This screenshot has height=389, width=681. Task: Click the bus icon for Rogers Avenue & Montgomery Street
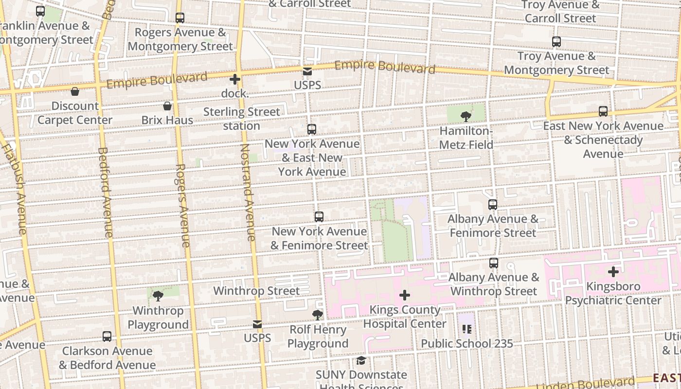pyautogui.click(x=180, y=18)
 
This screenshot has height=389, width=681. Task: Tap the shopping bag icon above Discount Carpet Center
pyautogui.click(x=75, y=91)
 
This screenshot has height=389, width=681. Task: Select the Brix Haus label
pyautogui.click(x=167, y=120)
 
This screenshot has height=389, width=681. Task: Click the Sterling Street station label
pyautogui.click(x=242, y=119)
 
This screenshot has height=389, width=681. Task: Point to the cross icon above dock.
pyautogui.click(x=235, y=79)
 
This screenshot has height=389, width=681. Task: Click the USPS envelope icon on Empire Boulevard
pyautogui.click(x=307, y=71)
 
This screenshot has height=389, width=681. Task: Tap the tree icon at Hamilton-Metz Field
pyautogui.click(x=466, y=116)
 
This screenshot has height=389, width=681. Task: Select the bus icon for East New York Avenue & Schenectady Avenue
pyautogui.click(x=603, y=111)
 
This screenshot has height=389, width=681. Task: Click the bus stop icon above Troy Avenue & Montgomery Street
pyautogui.click(x=556, y=42)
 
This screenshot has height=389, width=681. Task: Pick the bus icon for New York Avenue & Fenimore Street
pyautogui.click(x=319, y=217)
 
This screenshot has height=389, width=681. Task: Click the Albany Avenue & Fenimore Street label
pyautogui.click(x=493, y=226)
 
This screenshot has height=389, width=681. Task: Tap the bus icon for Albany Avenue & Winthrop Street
pyautogui.click(x=494, y=263)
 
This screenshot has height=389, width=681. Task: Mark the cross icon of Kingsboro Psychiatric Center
pyautogui.click(x=613, y=271)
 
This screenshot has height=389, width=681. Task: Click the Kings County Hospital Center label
pyautogui.click(x=405, y=317)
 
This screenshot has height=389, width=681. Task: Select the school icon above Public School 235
pyautogui.click(x=467, y=329)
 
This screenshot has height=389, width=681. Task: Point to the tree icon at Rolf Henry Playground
pyautogui.click(x=318, y=315)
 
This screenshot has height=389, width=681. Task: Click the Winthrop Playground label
pyautogui.click(x=158, y=318)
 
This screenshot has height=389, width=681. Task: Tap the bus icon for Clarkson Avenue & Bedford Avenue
pyautogui.click(x=107, y=336)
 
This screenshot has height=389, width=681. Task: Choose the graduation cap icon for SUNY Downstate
pyautogui.click(x=361, y=360)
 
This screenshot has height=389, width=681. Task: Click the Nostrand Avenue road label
pyautogui.click(x=248, y=192)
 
